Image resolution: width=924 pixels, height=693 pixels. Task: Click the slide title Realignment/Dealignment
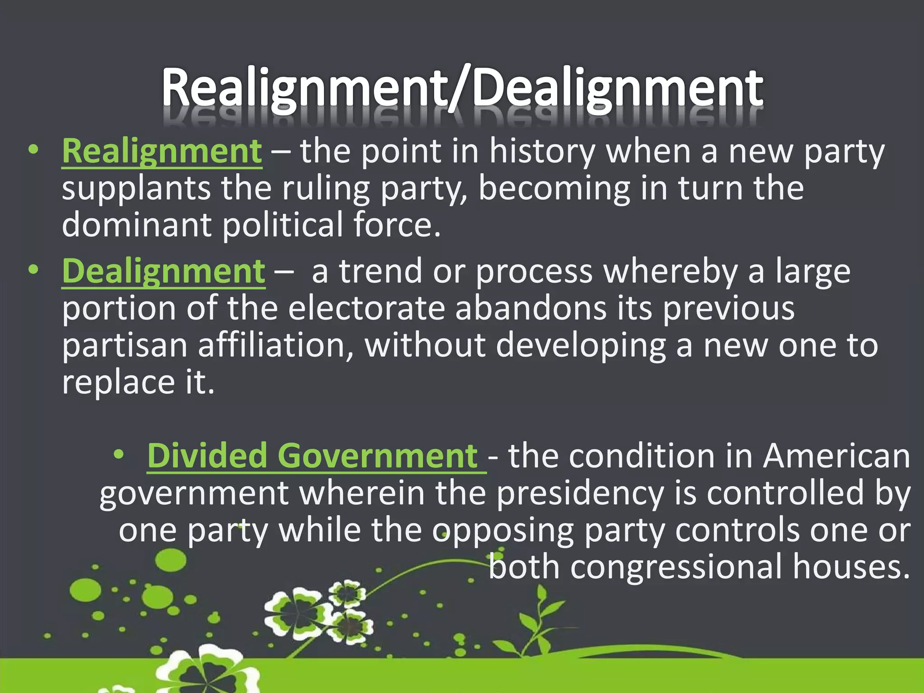coord(462,88)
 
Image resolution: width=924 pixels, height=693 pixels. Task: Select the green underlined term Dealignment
coord(163,271)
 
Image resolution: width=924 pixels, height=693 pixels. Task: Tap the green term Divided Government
coord(312,456)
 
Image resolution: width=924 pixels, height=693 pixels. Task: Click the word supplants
coord(136,189)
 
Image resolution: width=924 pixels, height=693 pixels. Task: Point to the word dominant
coord(137,225)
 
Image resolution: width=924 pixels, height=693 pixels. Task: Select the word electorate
coord(366,309)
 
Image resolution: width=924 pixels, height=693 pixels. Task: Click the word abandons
coord(531,309)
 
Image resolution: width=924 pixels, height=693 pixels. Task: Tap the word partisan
coord(125,346)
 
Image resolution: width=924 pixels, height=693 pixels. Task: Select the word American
coord(836,456)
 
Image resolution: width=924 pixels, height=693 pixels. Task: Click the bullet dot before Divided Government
coord(119,455)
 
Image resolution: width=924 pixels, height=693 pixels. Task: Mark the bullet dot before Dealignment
coord(33,270)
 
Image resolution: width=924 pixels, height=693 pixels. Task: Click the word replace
coord(118,383)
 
